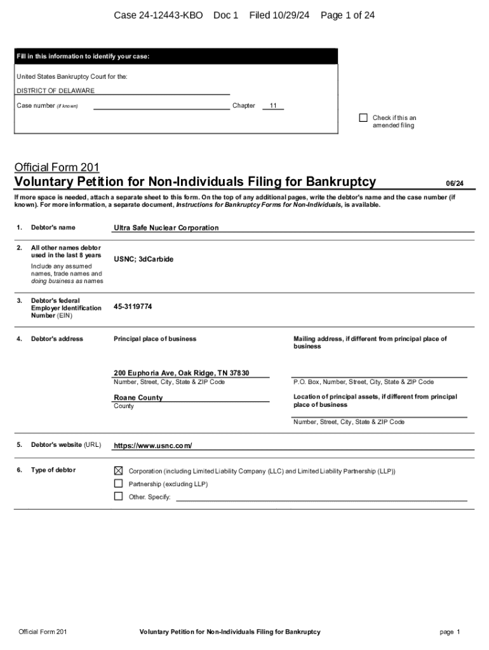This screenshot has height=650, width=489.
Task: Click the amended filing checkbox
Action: (x=363, y=117)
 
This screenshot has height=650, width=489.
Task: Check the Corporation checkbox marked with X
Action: (x=118, y=471)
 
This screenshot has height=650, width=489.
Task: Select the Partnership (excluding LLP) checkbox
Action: (x=118, y=484)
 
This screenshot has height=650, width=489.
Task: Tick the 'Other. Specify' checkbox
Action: (x=118, y=496)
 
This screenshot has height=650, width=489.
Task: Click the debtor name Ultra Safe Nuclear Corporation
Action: (x=166, y=228)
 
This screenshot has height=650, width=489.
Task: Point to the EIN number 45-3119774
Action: (x=133, y=307)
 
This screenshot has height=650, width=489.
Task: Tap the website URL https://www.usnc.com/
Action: (x=152, y=446)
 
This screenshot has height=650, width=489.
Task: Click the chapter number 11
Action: (x=272, y=106)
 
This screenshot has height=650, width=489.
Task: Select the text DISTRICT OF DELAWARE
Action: (x=55, y=91)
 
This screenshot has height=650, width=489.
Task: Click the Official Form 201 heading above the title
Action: (x=57, y=168)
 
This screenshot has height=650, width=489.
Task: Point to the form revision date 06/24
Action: (x=454, y=183)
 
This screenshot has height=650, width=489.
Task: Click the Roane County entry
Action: (x=138, y=398)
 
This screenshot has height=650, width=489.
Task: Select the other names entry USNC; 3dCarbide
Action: (x=144, y=260)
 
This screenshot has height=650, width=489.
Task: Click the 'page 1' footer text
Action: (x=449, y=632)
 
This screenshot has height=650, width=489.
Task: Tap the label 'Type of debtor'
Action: (x=53, y=470)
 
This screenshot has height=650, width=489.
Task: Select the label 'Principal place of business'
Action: (x=155, y=339)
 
